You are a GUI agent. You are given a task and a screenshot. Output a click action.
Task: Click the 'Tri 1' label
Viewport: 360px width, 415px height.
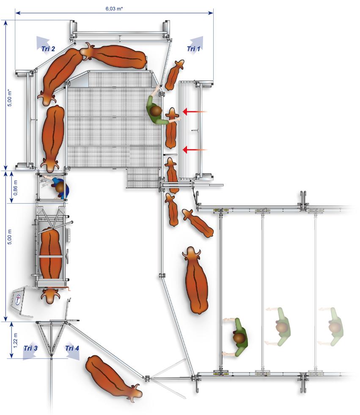193,49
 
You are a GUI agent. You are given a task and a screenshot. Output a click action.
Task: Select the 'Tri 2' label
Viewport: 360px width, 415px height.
48,49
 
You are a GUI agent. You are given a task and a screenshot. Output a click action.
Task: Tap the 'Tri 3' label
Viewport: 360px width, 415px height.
30,348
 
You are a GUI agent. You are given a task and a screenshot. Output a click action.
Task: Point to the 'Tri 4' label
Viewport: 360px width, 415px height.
72,348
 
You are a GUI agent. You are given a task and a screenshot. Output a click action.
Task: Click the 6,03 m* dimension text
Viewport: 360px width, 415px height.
114,8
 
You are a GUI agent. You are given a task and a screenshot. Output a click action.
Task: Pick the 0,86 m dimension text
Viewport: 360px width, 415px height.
15,188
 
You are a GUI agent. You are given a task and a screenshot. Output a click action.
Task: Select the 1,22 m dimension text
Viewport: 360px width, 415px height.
15,340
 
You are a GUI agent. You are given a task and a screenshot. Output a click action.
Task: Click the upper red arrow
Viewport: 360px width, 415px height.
195,112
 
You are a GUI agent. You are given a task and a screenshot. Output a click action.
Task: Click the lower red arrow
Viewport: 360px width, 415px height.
195,150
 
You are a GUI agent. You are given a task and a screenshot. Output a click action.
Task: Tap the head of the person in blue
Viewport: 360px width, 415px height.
60,187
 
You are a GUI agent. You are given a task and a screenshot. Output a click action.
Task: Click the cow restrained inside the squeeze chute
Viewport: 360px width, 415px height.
50,265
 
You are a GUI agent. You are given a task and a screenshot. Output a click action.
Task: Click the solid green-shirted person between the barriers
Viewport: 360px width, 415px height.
236,337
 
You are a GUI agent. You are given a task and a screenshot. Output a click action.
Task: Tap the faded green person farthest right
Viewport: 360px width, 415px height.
331,327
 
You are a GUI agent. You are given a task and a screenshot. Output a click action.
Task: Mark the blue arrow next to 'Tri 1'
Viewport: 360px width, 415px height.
197,41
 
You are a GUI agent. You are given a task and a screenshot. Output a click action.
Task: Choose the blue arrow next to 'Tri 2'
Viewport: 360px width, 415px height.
43,41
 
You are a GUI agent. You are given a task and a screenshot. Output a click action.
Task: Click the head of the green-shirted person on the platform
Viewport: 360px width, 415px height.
157,111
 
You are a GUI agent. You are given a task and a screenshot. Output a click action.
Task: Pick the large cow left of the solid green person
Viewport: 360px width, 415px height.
195,280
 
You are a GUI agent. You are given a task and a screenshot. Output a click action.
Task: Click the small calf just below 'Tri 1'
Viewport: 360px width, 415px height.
174,75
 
